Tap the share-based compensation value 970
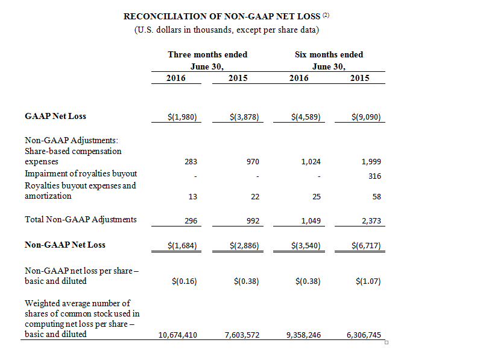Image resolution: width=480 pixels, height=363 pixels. coord(253,162)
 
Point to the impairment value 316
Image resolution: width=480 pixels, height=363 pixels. coord(374,176)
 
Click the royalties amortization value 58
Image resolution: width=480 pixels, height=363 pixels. coord(376,196)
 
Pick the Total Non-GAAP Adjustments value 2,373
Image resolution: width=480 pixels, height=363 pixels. coord(371,220)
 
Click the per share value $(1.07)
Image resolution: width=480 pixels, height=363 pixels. coord(368,281)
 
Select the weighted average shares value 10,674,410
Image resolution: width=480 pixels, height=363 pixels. coord(177,335)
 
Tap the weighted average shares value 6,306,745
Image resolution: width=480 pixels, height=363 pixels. coord(364,335)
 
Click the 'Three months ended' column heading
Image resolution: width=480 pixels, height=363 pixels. coord(207,54)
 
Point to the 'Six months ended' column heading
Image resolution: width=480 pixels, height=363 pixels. coord(329,54)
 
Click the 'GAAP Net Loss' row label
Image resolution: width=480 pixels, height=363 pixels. coord(55,116)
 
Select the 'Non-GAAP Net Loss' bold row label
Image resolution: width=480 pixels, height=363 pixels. coord(65,245)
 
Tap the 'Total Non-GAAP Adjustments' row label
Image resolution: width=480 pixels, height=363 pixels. coord(81,219)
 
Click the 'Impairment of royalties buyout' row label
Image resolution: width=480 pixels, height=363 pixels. coord(81,173)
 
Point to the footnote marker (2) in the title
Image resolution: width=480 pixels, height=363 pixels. coord(326,14)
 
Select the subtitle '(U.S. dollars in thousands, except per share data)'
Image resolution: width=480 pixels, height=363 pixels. coord(227,30)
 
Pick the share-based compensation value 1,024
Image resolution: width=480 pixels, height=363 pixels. coord(311,162)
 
